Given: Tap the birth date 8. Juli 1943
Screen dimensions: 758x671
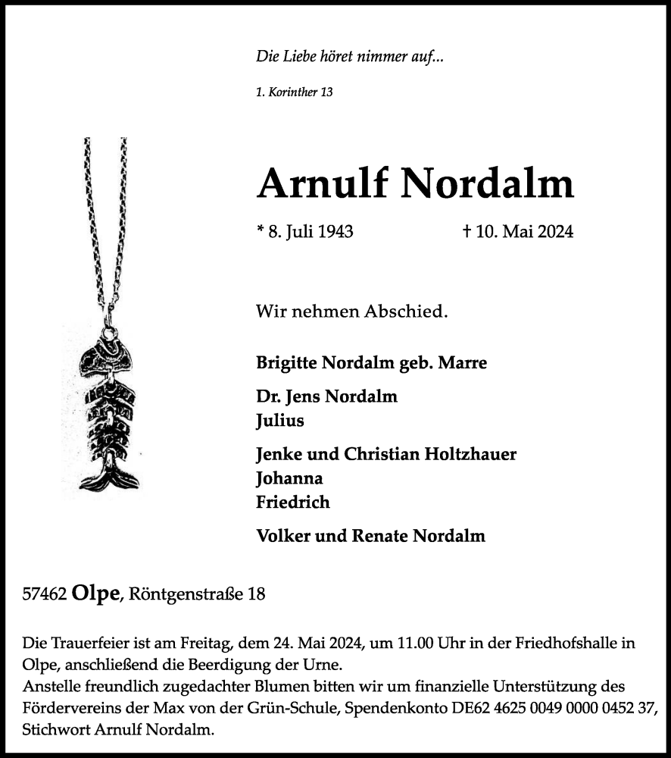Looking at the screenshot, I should (311, 232).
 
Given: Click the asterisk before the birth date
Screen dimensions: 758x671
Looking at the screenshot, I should (261, 230).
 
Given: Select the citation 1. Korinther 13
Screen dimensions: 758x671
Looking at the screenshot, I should (295, 92).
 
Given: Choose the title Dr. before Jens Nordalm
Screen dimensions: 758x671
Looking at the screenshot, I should (269, 396).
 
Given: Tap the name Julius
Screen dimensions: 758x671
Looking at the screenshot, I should (280, 420).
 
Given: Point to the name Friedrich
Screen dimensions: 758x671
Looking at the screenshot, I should (293, 502).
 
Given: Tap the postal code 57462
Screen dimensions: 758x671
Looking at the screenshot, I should (45, 594).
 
